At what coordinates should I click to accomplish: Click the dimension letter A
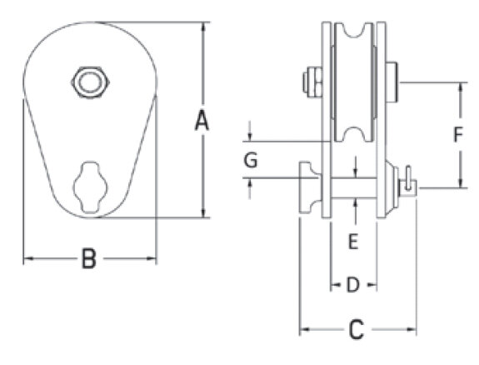[202, 121]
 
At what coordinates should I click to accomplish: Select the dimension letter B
[89, 259]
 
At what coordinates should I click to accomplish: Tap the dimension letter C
[357, 329]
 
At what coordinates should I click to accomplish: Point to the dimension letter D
[353, 285]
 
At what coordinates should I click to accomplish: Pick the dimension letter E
[353, 242]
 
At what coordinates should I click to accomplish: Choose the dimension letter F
[458, 134]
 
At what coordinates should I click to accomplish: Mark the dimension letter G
[251, 160]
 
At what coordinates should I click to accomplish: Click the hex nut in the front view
[91, 82]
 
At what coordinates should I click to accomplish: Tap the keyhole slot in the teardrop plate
[90, 187]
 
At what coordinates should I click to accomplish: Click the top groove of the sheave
[354, 30]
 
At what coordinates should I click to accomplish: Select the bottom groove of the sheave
[354, 134]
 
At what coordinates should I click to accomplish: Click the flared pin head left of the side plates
[310, 187]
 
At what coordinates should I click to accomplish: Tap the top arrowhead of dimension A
[204, 27]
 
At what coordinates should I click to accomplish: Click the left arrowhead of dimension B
[28, 258]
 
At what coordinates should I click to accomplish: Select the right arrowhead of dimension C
[412, 329]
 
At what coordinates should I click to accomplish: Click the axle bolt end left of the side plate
[312, 82]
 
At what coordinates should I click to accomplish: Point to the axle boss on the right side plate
[392, 82]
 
